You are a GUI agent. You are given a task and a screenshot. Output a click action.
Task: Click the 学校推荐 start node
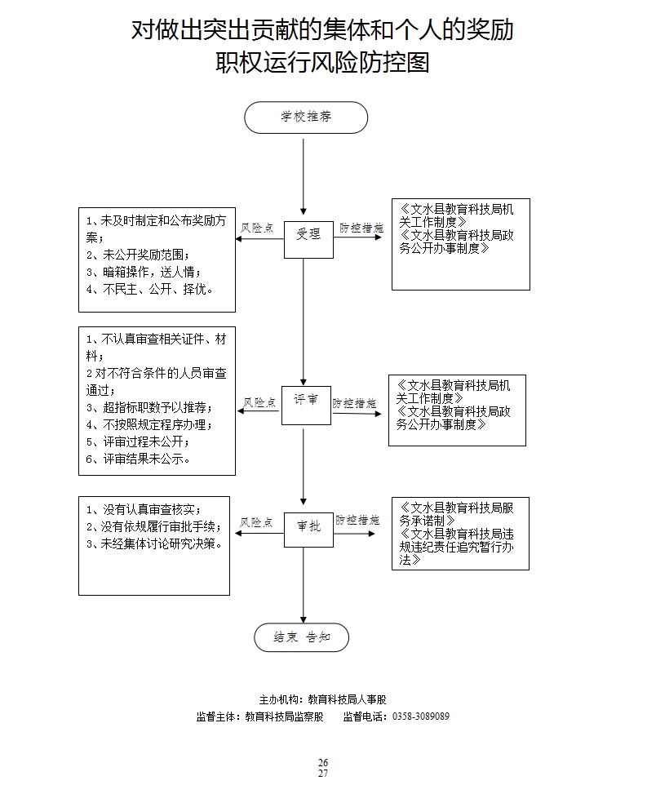pos(306,118)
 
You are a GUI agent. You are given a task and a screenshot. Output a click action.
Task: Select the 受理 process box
pos(308,234)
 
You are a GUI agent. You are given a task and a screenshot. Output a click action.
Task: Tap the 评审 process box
pos(306,403)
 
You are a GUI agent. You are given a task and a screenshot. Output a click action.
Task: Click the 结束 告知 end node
pos(301,638)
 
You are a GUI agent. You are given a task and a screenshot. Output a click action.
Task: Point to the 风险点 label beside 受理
pos(258,228)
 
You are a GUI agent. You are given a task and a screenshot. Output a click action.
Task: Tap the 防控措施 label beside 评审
pos(354,403)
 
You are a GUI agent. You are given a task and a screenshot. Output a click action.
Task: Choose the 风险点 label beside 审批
pos(257,521)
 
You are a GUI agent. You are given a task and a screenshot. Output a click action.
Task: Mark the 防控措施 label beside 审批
pos(357,520)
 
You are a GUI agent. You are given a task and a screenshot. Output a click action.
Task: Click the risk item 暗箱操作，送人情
pos(144,272)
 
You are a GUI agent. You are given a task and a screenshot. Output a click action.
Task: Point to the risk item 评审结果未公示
pos(140,459)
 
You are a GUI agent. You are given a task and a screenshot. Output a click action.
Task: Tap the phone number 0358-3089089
pos(421,717)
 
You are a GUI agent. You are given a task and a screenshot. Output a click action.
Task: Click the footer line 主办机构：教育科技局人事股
pos(321,700)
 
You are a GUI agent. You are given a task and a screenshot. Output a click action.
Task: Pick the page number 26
pos(323,762)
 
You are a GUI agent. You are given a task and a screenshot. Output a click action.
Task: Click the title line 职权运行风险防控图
pos(322,63)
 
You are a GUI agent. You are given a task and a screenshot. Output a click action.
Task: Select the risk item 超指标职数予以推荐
pos(149,407)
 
